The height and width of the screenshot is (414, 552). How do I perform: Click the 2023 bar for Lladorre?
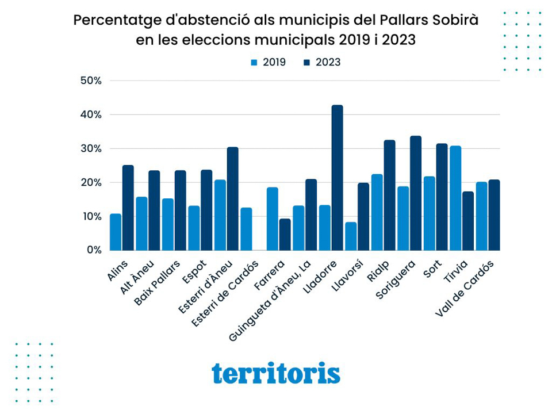(x=337, y=178)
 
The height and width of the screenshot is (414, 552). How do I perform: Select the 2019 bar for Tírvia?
(x=455, y=198)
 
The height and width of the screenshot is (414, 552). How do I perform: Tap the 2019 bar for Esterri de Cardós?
(x=246, y=229)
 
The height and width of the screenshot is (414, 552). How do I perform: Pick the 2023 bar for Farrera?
(x=285, y=235)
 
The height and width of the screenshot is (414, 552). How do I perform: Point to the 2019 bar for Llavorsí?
(x=351, y=236)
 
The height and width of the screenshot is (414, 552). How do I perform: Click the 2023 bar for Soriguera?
(x=416, y=193)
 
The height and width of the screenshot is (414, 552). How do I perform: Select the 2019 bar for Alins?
(x=116, y=232)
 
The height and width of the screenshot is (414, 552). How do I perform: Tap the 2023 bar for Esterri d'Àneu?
(x=232, y=199)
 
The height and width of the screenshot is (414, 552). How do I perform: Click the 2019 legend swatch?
(x=254, y=63)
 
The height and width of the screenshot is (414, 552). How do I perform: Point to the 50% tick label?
(x=91, y=80)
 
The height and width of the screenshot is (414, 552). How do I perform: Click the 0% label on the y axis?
(x=94, y=250)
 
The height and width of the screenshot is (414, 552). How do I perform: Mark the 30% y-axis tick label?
(x=91, y=148)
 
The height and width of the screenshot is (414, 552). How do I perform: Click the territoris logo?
(x=276, y=373)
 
